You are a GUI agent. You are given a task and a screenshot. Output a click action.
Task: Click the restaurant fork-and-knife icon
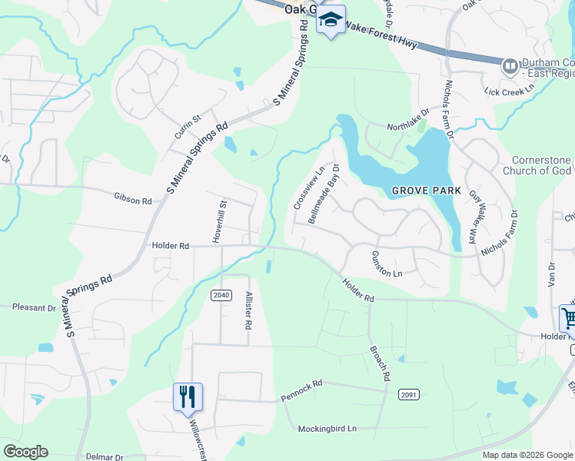click(x=188, y=397)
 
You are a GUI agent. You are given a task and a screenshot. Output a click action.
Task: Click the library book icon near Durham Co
click(x=509, y=67)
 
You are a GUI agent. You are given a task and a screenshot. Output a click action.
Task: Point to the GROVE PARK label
click(x=426, y=190)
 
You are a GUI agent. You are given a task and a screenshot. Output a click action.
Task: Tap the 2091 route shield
click(x=409, y=394)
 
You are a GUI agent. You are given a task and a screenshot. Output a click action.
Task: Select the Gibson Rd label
click(x=133, y=200)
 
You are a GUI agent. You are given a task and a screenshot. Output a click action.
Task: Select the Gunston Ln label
click(x=387, y=264)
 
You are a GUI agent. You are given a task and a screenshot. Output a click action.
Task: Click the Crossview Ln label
click(x=307, y=187)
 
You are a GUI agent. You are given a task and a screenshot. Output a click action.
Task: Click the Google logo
click(x=25, y=451)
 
